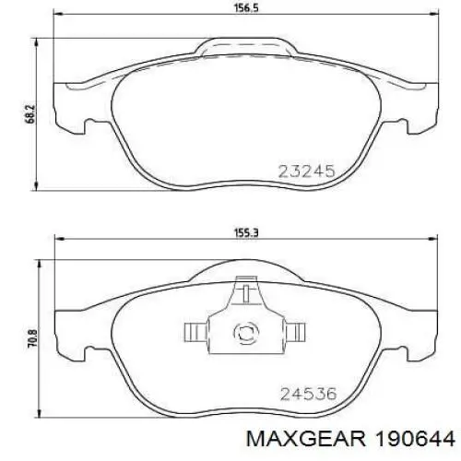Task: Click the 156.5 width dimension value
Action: pos(247,7)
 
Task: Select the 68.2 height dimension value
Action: pos(30,114)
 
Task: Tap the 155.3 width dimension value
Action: pos(246,233)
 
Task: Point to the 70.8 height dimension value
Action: pos(32,338)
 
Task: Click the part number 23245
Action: pos(306,171)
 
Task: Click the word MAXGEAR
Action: pos(306,438)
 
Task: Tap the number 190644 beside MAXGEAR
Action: pos(413,438)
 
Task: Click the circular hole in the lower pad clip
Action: pos(246,332)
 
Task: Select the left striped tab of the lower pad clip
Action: pos(196,332)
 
